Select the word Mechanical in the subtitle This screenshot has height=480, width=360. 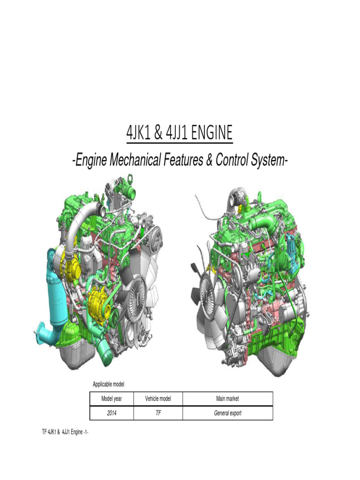[135, 160]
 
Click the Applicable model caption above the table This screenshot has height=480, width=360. [108, 384]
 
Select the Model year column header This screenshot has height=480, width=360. [112, 398]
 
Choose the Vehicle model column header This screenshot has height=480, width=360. [158, 398]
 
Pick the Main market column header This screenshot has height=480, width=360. [227, 398]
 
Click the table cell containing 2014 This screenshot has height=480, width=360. [112, 413]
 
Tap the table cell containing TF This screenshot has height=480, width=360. [158, 413]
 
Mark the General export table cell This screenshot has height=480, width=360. [227, 413]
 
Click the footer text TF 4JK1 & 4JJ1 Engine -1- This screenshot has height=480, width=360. [65, 432]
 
